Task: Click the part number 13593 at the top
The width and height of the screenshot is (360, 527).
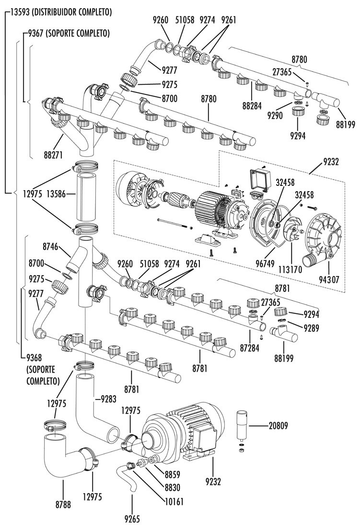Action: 21,12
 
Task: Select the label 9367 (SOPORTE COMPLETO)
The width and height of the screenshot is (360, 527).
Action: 69,33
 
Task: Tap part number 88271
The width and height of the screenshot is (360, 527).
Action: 53,155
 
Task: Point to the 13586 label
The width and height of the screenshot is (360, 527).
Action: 56,194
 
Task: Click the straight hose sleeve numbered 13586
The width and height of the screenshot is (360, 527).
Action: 86,196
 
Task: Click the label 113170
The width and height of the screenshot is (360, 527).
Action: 290,270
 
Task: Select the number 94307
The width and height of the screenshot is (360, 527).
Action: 328,279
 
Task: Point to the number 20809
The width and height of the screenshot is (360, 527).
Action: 279,426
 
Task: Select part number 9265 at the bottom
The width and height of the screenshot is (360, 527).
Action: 132,519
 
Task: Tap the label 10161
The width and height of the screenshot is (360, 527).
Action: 174,502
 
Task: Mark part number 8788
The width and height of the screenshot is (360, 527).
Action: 63,504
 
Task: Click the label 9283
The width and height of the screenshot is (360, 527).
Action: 108,399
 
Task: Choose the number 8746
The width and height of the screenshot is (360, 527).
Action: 50,247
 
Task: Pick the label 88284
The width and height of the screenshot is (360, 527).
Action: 252,105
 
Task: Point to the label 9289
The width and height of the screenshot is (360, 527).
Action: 311,328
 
